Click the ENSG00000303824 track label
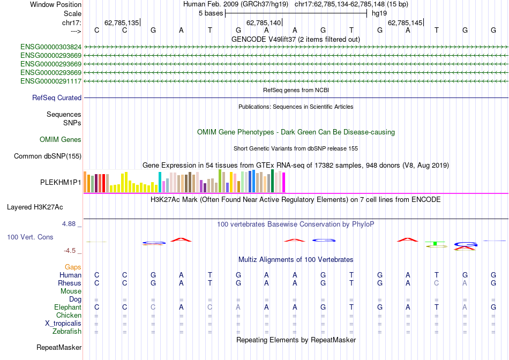51,47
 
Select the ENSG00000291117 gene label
51,81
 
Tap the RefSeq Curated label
57,98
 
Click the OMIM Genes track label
61,140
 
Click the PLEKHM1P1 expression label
61,182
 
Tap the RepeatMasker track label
59,348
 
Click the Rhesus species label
70,283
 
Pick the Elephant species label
68,307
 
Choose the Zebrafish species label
66,332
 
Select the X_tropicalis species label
63,324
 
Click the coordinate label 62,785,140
263,23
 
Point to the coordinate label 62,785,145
405,23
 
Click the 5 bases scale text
211,13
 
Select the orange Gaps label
73,267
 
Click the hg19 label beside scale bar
379,13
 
